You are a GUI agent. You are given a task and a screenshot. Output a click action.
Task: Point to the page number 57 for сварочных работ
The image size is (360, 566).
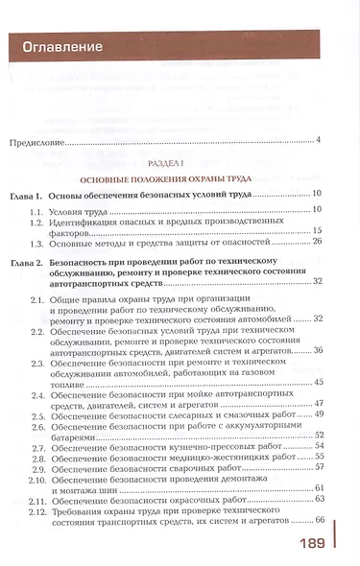pyautogui.click(x=319, y=467)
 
